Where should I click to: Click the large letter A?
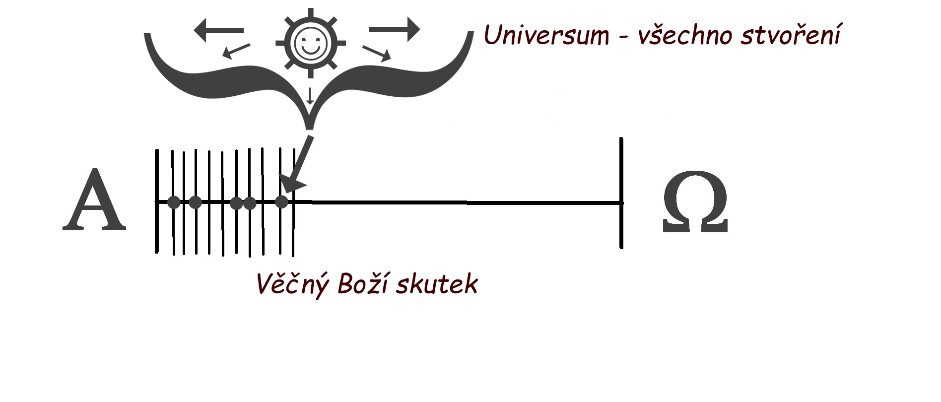tap(94, 201)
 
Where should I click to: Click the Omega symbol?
tap(695, 202)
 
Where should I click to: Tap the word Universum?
tap(546, 35)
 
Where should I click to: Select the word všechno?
tap(685, 35)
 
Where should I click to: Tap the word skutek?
tap(437, 283)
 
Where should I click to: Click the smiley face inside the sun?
tap(311, 42)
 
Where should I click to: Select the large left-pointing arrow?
tap(218, 30)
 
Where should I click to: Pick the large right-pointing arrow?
tap(395, 29)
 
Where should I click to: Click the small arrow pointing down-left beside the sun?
tap(236, 51)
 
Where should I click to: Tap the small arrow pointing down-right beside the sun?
tap(377, 53)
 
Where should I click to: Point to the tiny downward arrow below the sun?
tap(310, 96)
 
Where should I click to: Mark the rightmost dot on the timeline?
tap(281, 202)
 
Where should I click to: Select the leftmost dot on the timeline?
tap(174, 202)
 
